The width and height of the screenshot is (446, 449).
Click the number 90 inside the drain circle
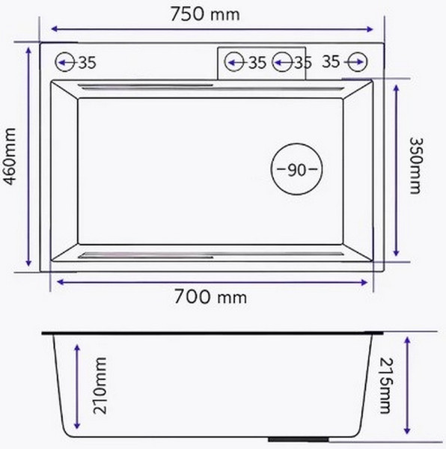297,170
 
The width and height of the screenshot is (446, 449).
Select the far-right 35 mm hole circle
356,62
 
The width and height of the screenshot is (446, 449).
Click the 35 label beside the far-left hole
87,64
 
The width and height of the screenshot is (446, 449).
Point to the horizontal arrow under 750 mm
213,29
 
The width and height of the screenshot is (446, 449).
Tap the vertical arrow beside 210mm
76,388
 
